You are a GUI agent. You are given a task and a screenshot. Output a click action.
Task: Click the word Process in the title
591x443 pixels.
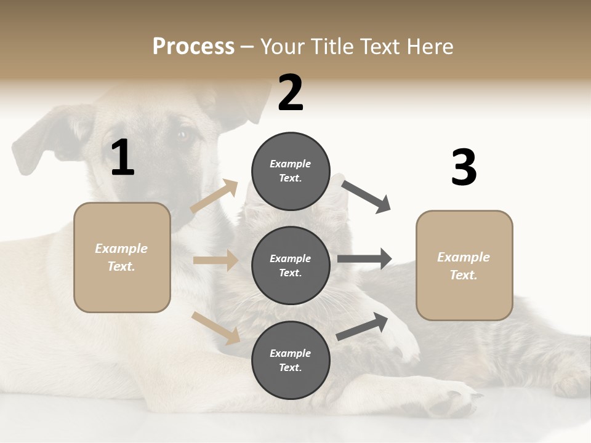pyautogui.click(x=193, y=47)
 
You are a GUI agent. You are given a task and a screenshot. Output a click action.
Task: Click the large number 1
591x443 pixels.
pyautogui.click(x=123, y=158)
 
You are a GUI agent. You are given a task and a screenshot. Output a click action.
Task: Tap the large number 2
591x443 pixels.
pyautogui.click(x=291, y=93)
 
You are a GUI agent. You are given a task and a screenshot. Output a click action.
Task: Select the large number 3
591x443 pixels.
pyautogui.click(x=464, y=168)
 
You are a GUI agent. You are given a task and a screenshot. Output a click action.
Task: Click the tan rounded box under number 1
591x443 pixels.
pyautogui.click(x=122, y=257)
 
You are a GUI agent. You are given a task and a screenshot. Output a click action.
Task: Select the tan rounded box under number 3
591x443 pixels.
pyautogui.click(x=464, y=266)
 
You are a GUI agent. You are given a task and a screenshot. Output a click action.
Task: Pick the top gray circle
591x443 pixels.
pyautogui.click(x=291, y=171)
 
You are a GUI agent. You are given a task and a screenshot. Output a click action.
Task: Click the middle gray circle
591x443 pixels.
pyautogui.click(x=291, y=265)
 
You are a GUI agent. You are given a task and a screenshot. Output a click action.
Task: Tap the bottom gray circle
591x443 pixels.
pyautogui.click(x=291, y=360)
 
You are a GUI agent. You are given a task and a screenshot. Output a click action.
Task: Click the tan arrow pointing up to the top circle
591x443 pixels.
pyautogui.click(x=214, y=196)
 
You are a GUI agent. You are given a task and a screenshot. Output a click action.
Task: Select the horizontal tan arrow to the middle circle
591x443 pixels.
pyautogui.click(x=215, y=260)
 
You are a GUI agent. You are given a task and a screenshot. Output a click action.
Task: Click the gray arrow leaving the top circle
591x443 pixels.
pyautogui.click(x=367, y=197)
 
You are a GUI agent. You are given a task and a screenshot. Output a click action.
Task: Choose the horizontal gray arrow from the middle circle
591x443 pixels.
pyautogui.click(x=364, y=259)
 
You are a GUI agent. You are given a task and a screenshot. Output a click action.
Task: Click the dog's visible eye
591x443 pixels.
pyautogui.click(x=183, y=135)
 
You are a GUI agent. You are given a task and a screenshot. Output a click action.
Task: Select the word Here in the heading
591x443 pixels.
pyautogui.click(x=430, y=47)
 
